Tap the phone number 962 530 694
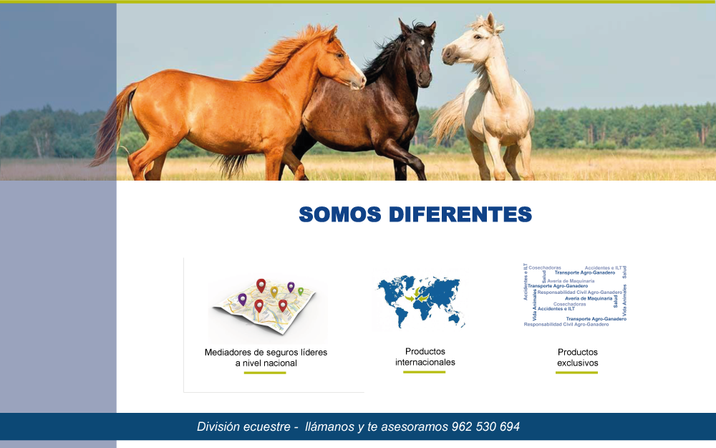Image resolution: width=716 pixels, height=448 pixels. [x=485, y=426]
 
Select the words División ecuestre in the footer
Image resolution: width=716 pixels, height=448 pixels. [x=243, y=426]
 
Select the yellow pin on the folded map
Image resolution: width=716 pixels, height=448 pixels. [x=274, y=291]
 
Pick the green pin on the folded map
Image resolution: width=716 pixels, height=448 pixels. [x=301, y=291]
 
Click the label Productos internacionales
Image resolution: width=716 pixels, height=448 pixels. [x=425, y=357]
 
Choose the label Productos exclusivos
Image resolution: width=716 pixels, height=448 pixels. [x=577, y=358]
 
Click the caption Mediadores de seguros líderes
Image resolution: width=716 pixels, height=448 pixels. [x=266, y=352]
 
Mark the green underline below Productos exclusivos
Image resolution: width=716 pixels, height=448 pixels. [x=576, y=373]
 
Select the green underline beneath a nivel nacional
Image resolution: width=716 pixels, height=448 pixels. [x=265, y=373]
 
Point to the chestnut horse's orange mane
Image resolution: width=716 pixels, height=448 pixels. [x=286, y=54]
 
